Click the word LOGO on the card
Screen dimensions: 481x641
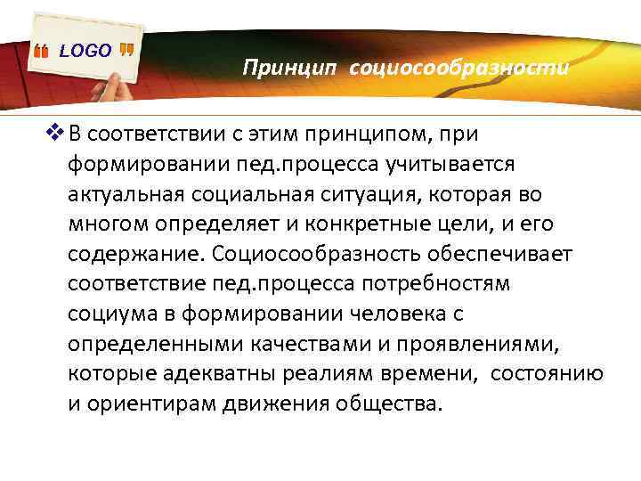pos(85,51)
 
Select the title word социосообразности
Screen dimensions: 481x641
pos(458,67)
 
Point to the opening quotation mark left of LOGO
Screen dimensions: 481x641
pos(41,53)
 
